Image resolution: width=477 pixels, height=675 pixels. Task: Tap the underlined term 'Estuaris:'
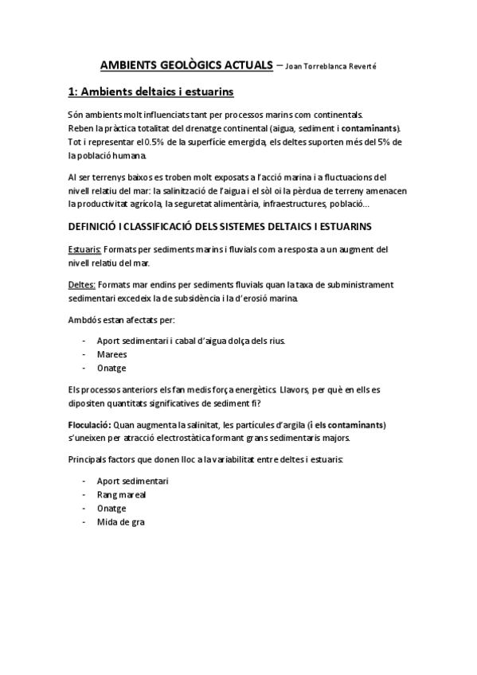(x=84, y=250)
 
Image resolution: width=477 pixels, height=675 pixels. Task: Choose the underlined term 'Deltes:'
(x=82, y=284)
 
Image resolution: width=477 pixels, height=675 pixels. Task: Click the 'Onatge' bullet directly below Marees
(x=111, y=368)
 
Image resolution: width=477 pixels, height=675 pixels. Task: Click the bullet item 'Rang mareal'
(x=121, y=495)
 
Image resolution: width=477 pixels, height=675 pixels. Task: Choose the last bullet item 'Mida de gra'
(x=120, y=521)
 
